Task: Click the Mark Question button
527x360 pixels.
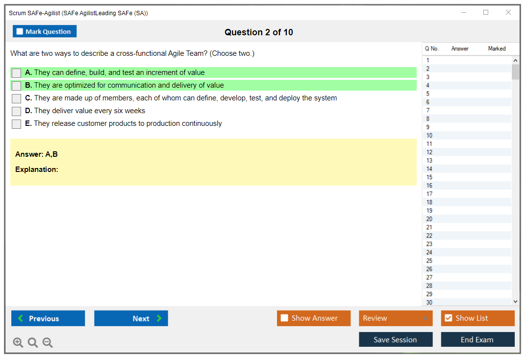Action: point(44,31)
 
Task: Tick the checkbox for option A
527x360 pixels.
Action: point(17,73)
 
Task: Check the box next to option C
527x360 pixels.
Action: point(17,98)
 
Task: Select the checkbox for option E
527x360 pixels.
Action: point(17,124)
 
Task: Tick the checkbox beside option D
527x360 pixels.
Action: point(17,111)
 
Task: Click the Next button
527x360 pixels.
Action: point(131,318)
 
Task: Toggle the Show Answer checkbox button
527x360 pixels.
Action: point(314,318)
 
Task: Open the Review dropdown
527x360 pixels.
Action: point(396,318)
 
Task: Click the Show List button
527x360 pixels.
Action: point(477,318)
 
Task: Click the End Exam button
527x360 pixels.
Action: point(477,339)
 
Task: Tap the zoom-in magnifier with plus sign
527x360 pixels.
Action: point(18,342)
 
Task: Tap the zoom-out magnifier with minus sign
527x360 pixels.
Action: point(48,342)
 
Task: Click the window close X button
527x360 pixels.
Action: point(508,12)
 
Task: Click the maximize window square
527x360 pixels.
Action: point(486,12)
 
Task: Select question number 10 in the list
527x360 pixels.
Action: point(429,136)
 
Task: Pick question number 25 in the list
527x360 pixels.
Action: point(429,261)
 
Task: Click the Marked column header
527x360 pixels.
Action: point(497,48)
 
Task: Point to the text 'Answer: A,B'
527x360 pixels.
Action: point(36,154)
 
